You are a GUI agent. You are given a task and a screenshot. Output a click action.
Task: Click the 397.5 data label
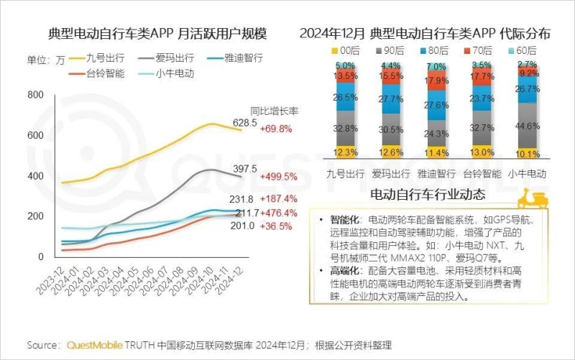[244, 168]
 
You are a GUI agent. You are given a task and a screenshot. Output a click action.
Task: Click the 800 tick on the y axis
[35, 96]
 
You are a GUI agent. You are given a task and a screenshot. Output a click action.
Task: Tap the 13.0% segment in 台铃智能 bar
[482, 152]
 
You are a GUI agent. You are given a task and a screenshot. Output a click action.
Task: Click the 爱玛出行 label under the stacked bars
[391, 173]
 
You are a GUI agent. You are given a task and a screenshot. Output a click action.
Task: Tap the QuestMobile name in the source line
[95, 346]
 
